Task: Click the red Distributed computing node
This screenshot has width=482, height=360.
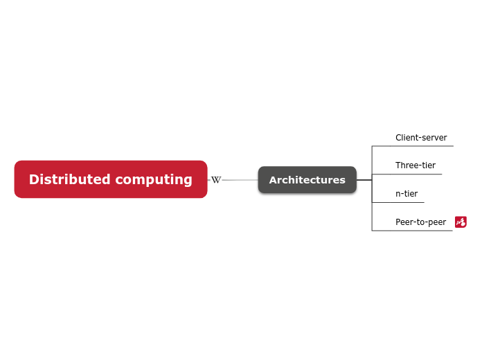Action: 111,179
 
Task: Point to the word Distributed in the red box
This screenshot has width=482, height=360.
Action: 69,179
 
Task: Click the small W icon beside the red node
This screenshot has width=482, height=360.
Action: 216,180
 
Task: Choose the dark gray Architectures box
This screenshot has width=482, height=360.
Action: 307,180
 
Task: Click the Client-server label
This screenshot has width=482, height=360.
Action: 421,138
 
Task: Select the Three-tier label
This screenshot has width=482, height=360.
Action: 416,165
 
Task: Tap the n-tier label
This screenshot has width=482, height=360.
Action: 407,194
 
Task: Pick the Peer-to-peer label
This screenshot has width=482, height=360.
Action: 420,222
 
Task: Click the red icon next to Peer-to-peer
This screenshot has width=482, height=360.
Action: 461,222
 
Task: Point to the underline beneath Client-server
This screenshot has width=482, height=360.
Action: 413,146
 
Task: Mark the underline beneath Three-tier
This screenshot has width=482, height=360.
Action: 407,174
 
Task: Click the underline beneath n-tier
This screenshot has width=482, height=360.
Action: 398,202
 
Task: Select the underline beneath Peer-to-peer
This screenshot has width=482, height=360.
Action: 413,231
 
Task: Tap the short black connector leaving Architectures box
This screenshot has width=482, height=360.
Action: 364,180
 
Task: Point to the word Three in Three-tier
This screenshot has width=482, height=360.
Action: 407,165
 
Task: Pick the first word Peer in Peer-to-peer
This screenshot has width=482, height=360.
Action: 404,222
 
